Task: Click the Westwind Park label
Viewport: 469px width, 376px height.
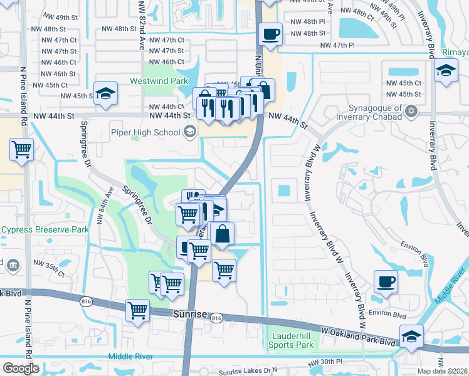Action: pyautogui.click(x=159, y=81)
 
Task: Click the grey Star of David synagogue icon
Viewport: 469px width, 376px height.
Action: pyautogui.click(x=411, y=112)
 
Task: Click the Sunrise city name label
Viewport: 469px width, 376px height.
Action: pyautogui.click(x=189, y=313)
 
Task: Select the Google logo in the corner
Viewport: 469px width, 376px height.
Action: pyautogui.click(x=21, y=368)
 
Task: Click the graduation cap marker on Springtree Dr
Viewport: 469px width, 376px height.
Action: pyautogui.click(x=106, y=93)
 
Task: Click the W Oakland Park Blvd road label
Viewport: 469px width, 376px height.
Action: pyautogui.click(x=359, y=339)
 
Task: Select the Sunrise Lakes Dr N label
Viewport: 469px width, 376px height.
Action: pyautogui.click(x=248, y=372)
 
